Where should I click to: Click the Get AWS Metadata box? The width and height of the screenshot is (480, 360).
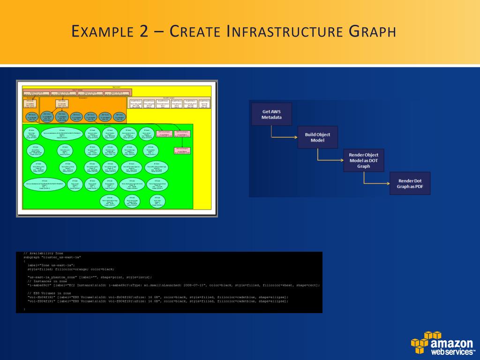(x=271, y=114)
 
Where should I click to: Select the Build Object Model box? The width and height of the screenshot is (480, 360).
(x=317, y=137)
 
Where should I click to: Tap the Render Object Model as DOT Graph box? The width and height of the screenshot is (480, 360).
(x=363, y=160)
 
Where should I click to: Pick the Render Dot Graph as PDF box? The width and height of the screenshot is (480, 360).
(x=410, y=183)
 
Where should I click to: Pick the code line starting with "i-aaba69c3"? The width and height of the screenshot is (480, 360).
(x=173, y=285)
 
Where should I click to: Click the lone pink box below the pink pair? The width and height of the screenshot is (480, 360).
(x=183, y=151)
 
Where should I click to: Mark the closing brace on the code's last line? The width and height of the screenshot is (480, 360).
(x=24, y=309)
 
